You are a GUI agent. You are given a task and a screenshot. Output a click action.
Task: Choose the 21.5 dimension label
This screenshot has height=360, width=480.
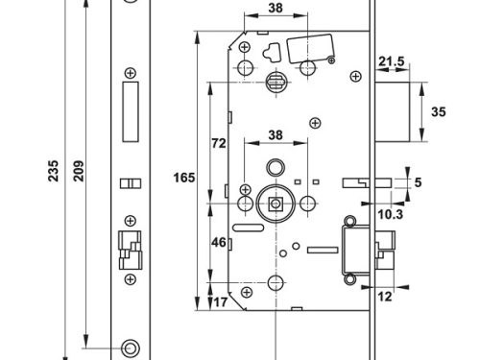click(391, 61)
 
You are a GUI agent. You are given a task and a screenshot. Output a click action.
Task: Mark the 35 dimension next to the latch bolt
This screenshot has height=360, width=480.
click(440, 112)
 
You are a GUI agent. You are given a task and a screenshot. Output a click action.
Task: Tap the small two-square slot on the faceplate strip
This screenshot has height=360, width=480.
click(130, 183)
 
